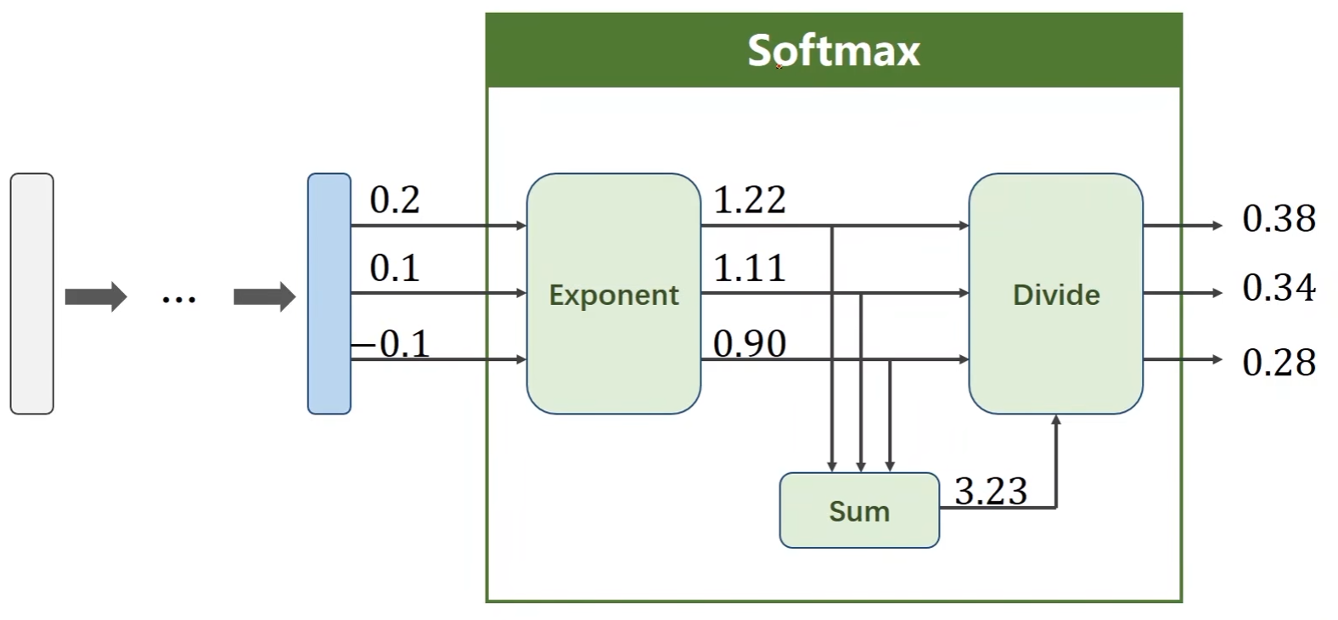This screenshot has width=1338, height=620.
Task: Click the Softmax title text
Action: (833, 50)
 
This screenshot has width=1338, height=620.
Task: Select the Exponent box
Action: (613, 294)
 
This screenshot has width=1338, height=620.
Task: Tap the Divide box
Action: (1055, 294)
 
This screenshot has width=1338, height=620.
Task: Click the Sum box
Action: (858, 510)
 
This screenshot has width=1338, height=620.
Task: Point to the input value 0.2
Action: (395, 200)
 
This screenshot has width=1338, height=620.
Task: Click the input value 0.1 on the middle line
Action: (395, 268)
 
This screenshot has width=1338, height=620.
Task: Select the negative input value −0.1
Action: (392, 344)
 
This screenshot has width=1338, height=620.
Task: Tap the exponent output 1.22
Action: (750, 200)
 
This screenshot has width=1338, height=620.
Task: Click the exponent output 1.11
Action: (750, 268)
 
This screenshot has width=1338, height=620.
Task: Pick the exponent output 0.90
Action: (750, 344)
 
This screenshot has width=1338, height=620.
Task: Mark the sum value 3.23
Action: (991, 491)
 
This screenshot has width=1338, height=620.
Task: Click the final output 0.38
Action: (1278, 219)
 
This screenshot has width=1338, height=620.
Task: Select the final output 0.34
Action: (1278, 288)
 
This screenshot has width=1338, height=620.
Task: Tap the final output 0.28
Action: (1278, 363)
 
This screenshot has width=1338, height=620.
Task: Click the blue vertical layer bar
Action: (329, 294)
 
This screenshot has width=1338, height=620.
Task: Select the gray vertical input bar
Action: (31, 294)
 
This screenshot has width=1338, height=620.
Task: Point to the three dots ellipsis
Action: (179, 298)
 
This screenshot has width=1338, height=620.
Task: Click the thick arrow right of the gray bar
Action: (95, 297)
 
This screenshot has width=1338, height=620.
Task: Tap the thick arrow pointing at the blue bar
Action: (264, 297)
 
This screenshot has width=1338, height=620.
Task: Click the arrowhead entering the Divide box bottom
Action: (1056, 420)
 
